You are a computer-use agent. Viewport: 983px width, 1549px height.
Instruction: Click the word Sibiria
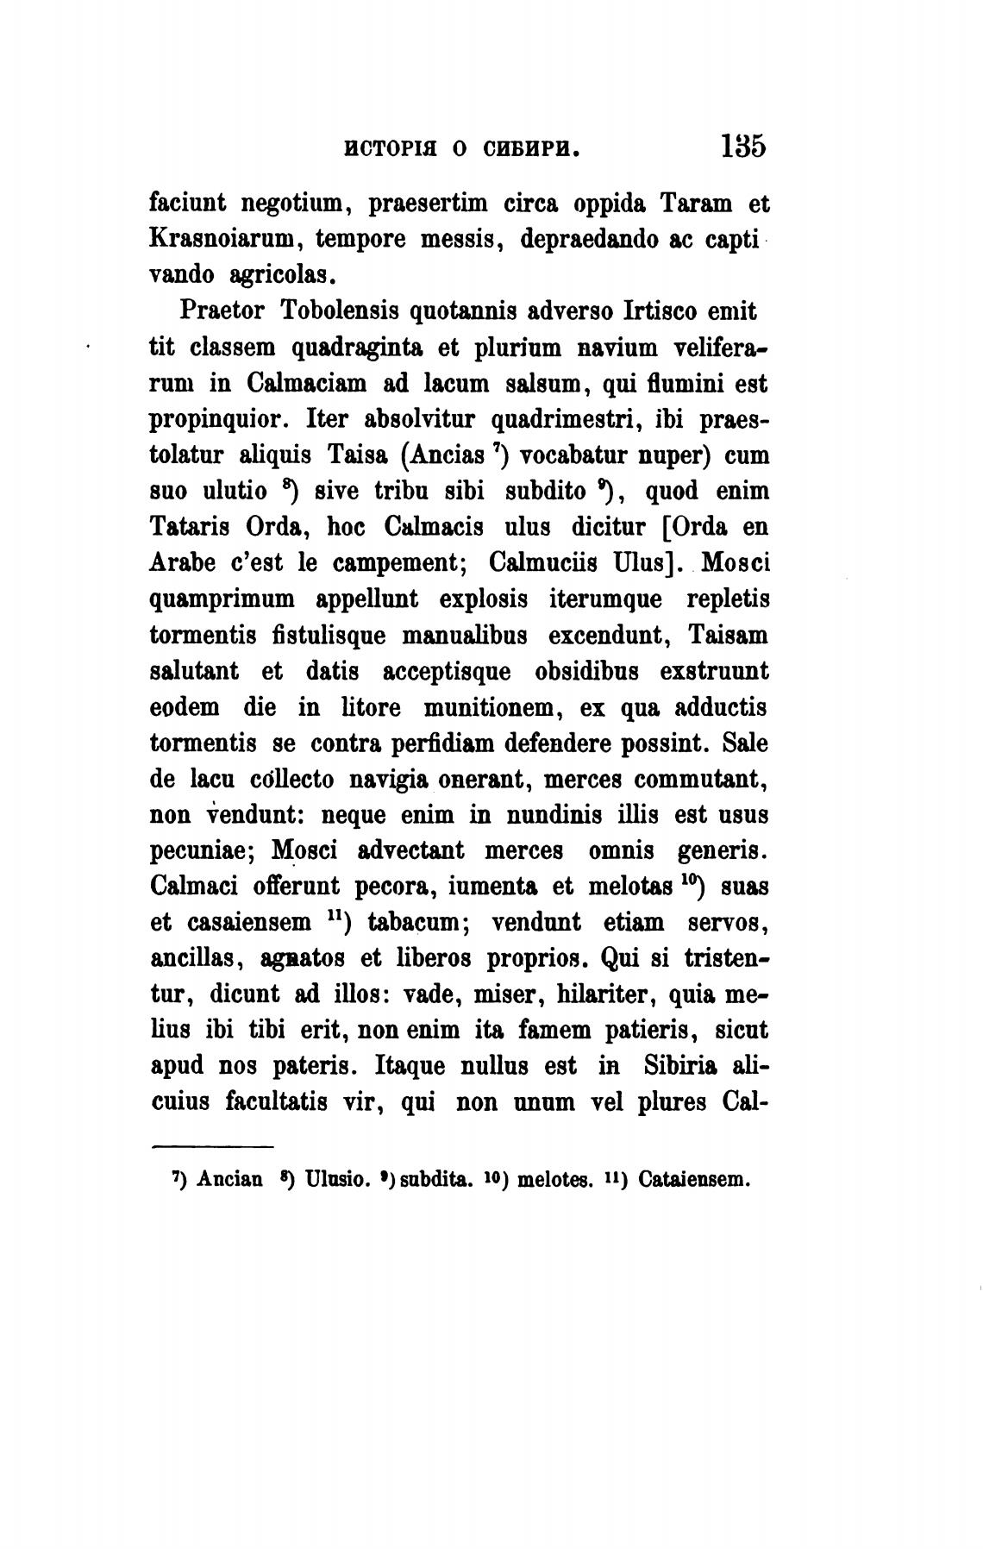681,1066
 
